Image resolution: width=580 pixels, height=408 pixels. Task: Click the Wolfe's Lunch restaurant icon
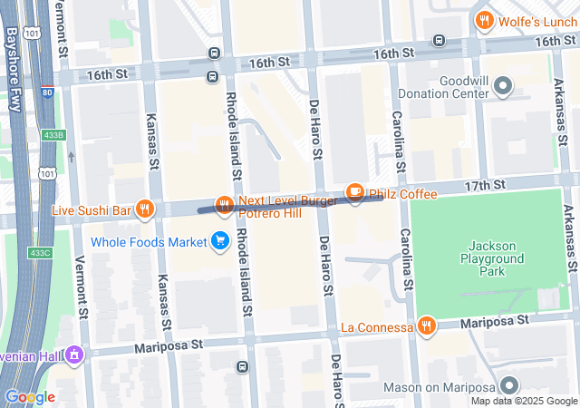click(485, 20)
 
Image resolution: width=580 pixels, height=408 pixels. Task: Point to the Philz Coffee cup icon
click(355, 191)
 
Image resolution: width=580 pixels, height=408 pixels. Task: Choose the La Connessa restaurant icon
click(426, 325)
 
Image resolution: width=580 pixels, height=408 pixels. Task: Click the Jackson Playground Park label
click(496, 258)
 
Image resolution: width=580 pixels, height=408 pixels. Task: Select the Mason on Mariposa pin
click(509, 386)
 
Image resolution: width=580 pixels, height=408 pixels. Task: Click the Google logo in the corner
click(30, 396)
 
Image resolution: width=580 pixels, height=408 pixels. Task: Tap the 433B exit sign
click(53, 135)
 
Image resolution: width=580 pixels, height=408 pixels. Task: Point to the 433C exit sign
click(39, 252)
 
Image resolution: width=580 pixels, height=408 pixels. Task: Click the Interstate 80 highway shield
click(46, 91)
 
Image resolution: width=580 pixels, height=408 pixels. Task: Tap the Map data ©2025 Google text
click(523, 401)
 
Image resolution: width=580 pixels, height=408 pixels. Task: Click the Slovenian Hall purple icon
click(74, 355)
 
